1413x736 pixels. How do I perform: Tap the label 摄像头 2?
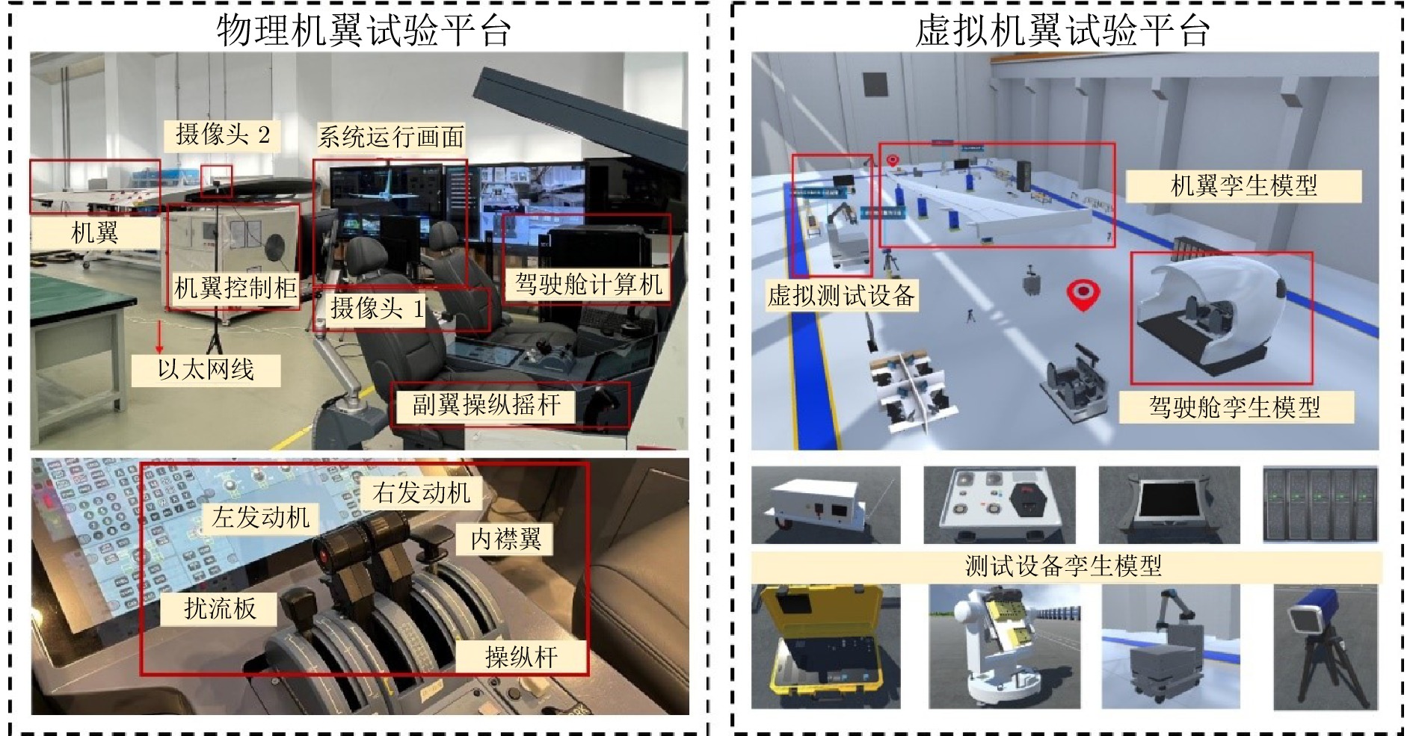(222, 134)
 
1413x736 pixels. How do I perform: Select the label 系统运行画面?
(391, 137)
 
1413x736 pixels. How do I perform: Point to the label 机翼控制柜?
(235, 287)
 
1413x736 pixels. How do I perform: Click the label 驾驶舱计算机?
(588, 284)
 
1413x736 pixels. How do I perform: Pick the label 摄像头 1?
(377, 307)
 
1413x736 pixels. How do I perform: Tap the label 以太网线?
(206, 369)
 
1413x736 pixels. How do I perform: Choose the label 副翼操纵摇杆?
(486, 404)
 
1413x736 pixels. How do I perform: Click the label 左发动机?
(260, 517)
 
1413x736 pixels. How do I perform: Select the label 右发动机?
(422, 493)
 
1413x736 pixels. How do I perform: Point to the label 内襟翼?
(505, 539)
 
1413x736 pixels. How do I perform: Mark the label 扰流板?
(220, 609)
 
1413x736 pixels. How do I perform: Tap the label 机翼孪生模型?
(1243, 185)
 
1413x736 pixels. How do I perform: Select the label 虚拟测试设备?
(841, 295)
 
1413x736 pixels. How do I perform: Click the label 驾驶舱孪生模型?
(1235, 407)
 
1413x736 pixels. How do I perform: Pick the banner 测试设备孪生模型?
(1065, 566)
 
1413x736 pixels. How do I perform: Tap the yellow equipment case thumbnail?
(826, 646)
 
